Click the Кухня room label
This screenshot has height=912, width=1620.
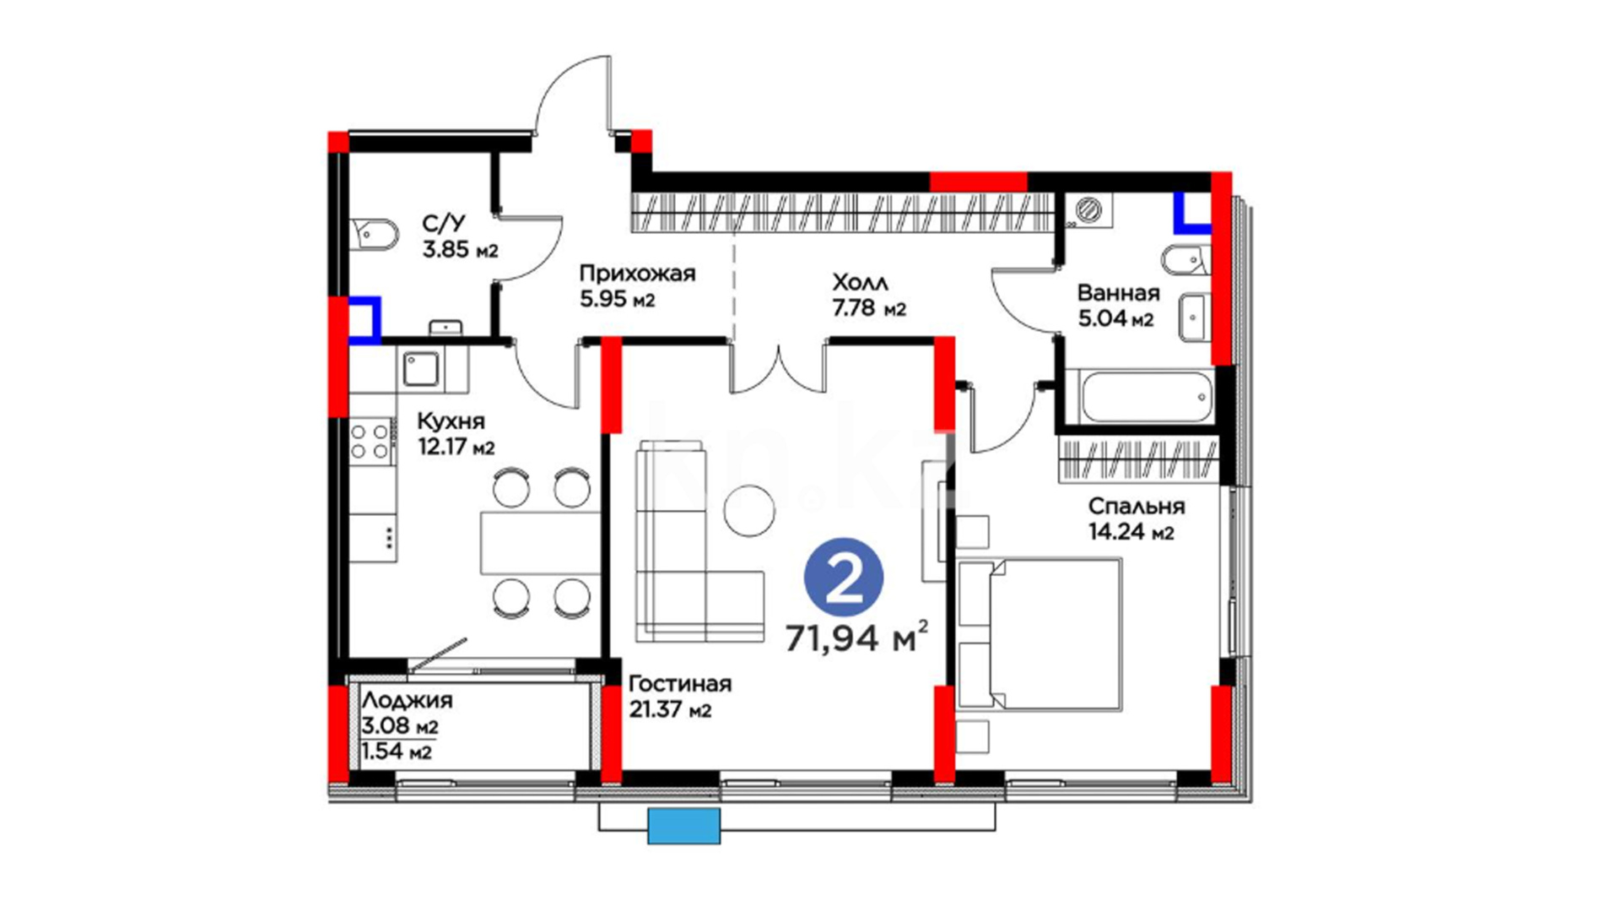pyautogui.click(x=451, y=421)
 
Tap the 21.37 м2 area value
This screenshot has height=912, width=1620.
pyautogui.click(x=670, y=710)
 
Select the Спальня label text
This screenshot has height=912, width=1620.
pyautogui.click(x=1136, y=506)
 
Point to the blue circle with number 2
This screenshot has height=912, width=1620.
pyautogui.click(x=844, y=578)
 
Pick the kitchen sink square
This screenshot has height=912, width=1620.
pyautogui.click(x=420, y=369)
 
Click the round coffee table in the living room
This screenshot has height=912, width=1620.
pyautogui.click(x=749, y=510)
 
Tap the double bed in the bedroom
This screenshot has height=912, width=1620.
pyautogui.click(x=1039, y=633)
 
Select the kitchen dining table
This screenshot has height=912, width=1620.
pyautogui.click(x=540, y=542)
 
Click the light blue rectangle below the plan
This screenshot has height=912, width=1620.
pyautogui.click(x=684, y=826)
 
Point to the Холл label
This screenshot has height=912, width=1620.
pyautogui.click(x=860, y=282)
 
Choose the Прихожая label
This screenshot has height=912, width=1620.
pyautogui.click(x=637, y=273)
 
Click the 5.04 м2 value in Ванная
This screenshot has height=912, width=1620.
pyautogui.click(x=1115, y=319)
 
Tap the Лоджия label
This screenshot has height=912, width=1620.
pyautogui.click(x=407, y=700)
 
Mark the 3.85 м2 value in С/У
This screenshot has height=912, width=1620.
pyautogui.click(x=460, y=250)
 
